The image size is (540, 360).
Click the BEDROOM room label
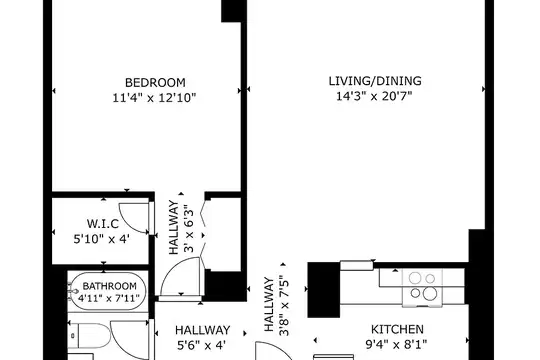[x=155, y=83]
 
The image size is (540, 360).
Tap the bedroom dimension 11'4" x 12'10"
[x=154, y=98]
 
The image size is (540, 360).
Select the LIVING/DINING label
[x=375, y=81]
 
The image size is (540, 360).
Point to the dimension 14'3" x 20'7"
[x=374, y=96]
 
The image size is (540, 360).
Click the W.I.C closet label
[x=103, y=224]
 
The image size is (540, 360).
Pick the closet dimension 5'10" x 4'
[x=102, y=238]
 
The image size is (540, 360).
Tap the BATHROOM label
[x=110, y=286]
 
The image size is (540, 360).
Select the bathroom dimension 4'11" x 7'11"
[x=108, y=298]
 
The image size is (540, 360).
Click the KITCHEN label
[x=397, y=329]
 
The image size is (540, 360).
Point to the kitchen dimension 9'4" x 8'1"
[x=396, y=344]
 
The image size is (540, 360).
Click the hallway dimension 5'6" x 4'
[x=201, y=345]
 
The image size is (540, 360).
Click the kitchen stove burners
[x=423, y=285]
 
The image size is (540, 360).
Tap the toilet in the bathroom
[x=89, y=335]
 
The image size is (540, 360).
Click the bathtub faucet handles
[x=73, y=291]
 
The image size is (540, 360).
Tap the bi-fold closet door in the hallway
[x=203, y=234]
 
